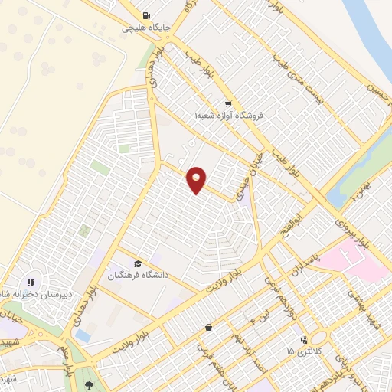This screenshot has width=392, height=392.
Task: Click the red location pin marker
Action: [197, 179]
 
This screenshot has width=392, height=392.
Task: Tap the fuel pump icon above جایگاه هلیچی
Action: [145, 15]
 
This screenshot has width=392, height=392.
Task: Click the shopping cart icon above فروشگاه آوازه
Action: [227, 103]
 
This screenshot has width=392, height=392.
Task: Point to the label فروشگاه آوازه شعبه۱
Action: [228, 116]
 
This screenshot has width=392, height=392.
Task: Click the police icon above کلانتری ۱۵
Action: [305, 339]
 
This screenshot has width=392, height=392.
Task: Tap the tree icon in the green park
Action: [90, 385]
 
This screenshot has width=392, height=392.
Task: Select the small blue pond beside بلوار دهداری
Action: [83, 336]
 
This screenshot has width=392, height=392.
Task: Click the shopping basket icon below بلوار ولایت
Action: [208, 328]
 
